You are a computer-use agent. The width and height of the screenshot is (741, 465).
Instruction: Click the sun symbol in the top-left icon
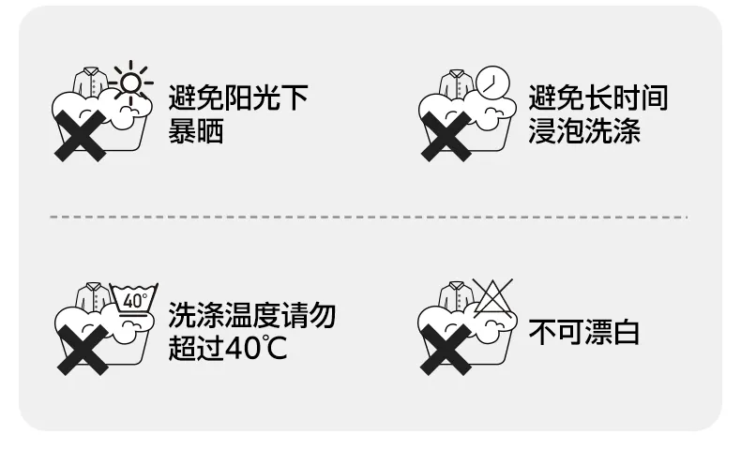[x=131, y=82]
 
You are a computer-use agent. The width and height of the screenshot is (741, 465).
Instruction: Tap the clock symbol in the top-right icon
[x=492, y=82]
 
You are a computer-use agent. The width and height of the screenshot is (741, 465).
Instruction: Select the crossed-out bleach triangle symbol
[x=492, y=298]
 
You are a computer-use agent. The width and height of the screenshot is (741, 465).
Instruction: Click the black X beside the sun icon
[x=81, y=136]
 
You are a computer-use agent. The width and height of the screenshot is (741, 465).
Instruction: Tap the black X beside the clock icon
[x=446, y=137]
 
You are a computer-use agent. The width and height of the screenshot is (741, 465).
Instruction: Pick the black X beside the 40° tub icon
[x=83, y=351]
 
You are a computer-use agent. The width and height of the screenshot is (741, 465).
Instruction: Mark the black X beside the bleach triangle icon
[x=446, y=351]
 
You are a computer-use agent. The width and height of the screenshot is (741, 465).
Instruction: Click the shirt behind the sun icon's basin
[x=91, y=82]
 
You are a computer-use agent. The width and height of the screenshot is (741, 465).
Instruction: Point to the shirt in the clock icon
[x=457, y=84]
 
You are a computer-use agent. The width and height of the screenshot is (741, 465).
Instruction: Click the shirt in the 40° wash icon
[x=93, y=297]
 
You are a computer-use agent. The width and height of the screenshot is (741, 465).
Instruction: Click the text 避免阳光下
[x=238, y=97]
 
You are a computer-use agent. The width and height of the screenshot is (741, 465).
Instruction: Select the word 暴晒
[x=196, y=131]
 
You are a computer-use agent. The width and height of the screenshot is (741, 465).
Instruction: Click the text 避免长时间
[x=598, y=97]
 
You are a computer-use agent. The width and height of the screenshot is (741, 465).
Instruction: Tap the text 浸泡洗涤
[x=584, y=131]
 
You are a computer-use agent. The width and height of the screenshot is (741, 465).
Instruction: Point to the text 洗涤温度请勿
[x=252, y=315]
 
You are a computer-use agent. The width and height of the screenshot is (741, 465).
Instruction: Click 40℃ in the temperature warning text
[x=256, y=349]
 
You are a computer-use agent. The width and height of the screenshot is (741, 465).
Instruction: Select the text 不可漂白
[x=584, y=332]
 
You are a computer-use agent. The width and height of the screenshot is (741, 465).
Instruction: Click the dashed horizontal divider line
[x=369, y=217]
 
